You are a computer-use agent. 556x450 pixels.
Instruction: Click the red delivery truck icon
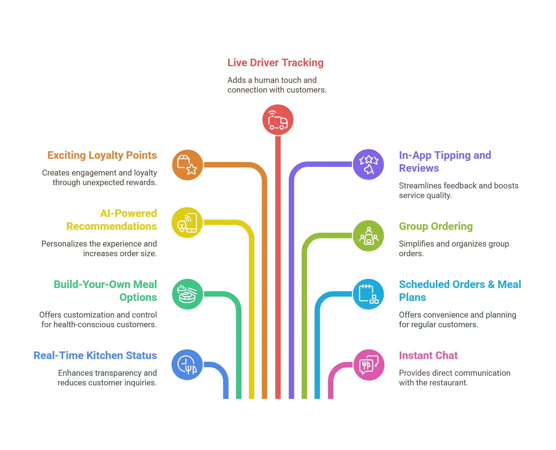tap(278, 120)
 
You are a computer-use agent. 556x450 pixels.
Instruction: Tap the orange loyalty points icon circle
tap(187, 165)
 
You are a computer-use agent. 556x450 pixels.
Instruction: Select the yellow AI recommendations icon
tap(187, 223)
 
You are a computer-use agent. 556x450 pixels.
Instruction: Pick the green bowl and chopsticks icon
tap(187, 294)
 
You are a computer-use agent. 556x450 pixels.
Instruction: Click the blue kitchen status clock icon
tap(187, 365)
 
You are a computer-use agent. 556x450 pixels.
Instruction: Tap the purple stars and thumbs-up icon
tap(368, 164)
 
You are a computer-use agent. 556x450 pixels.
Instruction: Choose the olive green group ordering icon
tap(368, 236)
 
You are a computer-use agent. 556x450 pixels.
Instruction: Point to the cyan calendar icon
tap(368, 294)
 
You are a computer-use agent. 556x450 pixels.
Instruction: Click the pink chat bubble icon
tap(369, 365)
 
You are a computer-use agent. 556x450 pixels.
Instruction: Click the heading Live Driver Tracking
tap(275, 63)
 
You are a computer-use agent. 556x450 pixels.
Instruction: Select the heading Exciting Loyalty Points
tap(102, 155)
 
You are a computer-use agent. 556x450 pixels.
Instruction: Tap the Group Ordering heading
tap(436, 226)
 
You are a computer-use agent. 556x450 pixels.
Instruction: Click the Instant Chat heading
tap(428, 355)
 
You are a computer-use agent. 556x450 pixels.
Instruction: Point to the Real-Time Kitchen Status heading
tap(95, 355)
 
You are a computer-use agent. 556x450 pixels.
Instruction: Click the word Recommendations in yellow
tap(112, 226)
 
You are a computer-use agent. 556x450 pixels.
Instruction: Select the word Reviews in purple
tap(419, 168)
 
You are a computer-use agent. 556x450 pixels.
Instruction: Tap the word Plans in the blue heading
tap(412, 297)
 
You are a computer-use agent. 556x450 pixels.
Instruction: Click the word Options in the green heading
tap(138, 297)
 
